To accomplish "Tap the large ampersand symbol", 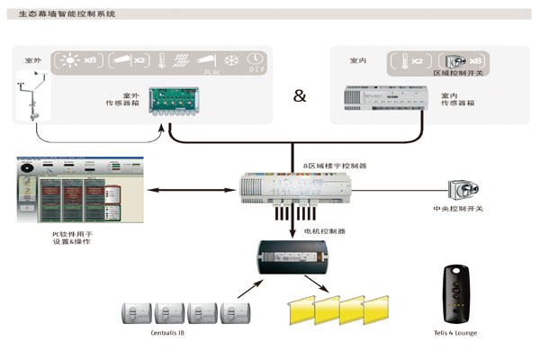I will pos(300,94).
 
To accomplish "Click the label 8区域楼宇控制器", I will pos(335,166).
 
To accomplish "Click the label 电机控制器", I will pos(328,231).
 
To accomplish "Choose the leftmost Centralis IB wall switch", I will pos(138,313).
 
